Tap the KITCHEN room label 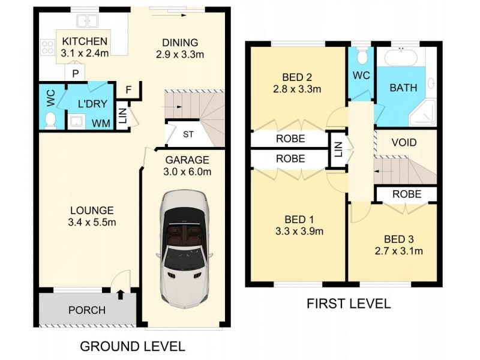pos(85,41)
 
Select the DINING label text pos(180,42)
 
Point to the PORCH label pos(86,310)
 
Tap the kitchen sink pos(88,22)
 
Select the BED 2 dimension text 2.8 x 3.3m pos(298,89)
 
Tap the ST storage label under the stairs pos(188,134)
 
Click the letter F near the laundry pos(128,90)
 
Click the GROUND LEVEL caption pos(132,346)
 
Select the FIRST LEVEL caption pos(349,304)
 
